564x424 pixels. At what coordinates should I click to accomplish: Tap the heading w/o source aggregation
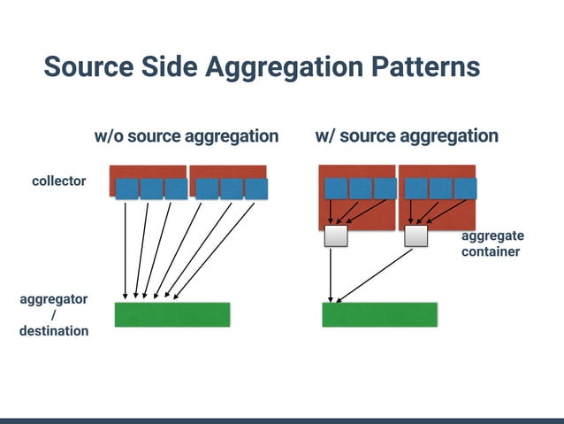coord(186,136)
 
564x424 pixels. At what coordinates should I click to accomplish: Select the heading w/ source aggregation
coord(407,136)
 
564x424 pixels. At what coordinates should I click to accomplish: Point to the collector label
coord(59,181)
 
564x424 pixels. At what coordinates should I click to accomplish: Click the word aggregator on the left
coord(54,299)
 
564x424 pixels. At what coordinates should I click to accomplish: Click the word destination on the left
coord(54,331)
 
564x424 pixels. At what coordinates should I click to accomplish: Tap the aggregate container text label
coord(492,243)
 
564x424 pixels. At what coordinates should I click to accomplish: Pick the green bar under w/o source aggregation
coord(172,314)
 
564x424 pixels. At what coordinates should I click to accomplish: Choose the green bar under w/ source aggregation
coord(379,314)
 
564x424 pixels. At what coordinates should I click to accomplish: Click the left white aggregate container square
coord(336,235)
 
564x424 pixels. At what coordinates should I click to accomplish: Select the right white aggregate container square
coord(415,235)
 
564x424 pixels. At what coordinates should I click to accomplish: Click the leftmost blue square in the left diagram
coord(127,189)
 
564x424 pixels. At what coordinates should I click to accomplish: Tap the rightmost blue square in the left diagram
coord(255,189)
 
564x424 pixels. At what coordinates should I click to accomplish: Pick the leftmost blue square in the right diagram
coord(336,189)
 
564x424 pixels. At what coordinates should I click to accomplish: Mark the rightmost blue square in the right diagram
coord(464,189)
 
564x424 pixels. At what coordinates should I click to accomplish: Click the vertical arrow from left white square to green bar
coord(331,274)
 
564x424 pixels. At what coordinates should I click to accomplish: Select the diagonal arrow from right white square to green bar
coord(376,274)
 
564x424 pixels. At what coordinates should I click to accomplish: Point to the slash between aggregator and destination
coord(54,315)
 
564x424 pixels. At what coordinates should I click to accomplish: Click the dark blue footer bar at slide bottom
coord(282,420)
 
